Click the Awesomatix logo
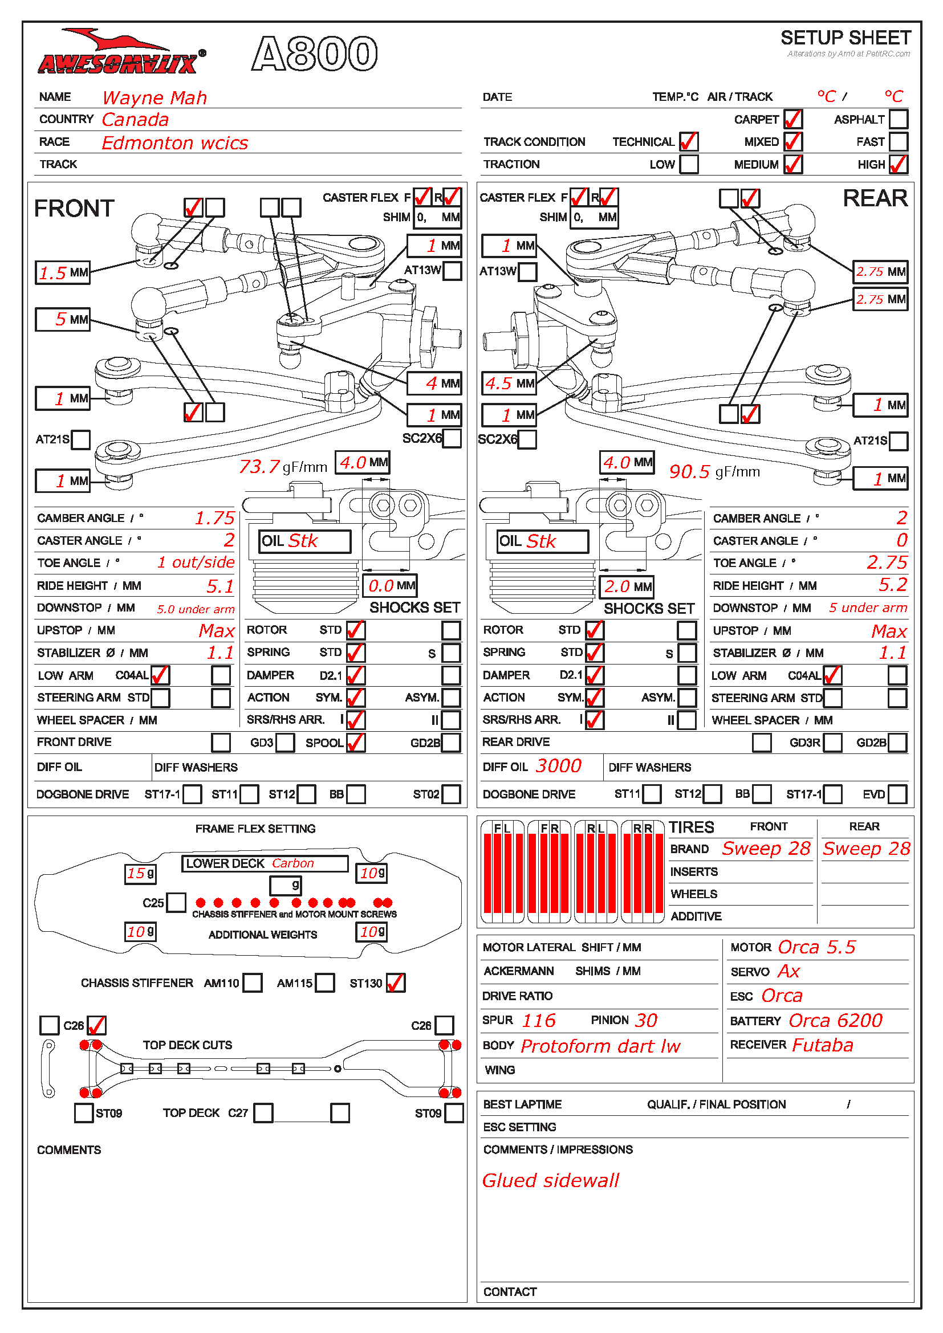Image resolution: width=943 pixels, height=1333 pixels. pyautogui.click(x=120, y=54)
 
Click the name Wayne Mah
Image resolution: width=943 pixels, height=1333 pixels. pyautogui.click(x=155, y=97)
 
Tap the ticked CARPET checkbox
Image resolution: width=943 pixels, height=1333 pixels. pyautogui.click(x=792, y=119)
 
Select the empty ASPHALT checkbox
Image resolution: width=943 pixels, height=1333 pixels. pyautogui.click(x=898, y=119)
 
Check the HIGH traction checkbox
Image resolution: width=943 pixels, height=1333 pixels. pyautogui.click(x=898, y=164)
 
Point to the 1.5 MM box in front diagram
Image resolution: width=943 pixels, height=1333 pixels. pyautogui.click(x=63, y=272)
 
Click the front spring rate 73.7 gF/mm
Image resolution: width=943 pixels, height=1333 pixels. pyautogui.click(x=283, y=466)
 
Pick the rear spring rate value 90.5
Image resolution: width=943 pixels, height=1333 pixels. pyautogui.click(x=689, y=471)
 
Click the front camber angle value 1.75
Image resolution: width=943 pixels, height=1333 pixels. pyautogui.click(x=214, y=518)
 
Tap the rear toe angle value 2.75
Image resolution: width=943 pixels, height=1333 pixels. pyautogui.click(x=886, y=562)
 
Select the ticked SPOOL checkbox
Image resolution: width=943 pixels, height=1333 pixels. pyautogui.click(x=355, y=743)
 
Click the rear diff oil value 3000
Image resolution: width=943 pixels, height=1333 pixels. pyautogui.click(x=558, y=767)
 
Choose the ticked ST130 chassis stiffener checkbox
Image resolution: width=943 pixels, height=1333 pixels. pyautogui.click(x=396, y=983)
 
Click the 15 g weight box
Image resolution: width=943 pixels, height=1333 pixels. pyautogui.click(x=140, y=873)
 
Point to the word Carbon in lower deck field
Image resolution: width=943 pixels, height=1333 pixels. pyautogui.click(x=292, y=863)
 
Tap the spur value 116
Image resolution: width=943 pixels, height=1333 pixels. pyautogui.click(x=538, y=1020)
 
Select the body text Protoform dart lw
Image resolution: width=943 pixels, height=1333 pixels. pyautogui.click(x=600, y=1046)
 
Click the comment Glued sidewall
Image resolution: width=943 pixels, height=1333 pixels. pyautogui.click(x=551, y=1180)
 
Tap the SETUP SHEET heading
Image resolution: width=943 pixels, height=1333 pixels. pyautogui.click(x=845, y=38)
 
